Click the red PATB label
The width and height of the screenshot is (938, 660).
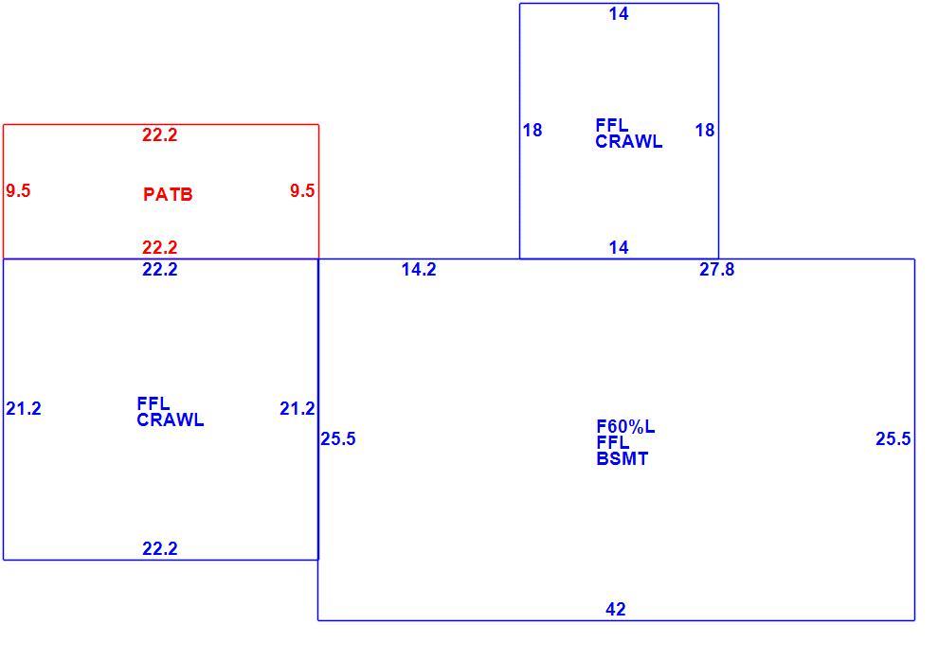click(168, 194)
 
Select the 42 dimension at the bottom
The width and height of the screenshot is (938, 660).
click(616, 609)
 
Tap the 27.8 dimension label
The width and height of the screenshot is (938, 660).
click(716, 270)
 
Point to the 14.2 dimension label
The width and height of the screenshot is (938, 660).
click(419, 270)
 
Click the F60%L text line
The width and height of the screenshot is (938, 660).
click(625, 426)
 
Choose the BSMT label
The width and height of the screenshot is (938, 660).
click(622, 458)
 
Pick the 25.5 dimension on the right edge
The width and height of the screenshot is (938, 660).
click(893, 438)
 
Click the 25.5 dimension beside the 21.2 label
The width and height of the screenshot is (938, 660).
click(338, 438)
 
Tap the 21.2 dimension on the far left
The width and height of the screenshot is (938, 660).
click(24, 408)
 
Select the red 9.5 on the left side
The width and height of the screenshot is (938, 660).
click(18, 190)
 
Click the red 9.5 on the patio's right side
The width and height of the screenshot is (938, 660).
click(302, 190)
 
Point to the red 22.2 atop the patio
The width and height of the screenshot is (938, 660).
click(160, 135)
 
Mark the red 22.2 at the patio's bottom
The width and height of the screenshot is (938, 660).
click(160, 247)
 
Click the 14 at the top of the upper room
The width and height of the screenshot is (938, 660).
click(619, 14)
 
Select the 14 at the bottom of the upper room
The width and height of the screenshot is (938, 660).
click(619, 247)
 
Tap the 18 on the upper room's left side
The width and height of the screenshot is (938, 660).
click(532, 130)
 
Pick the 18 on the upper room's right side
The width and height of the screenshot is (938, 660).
click(705, 130)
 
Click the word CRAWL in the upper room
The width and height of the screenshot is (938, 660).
click(629, 142)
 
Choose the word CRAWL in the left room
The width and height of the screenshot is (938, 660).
click(171, 419)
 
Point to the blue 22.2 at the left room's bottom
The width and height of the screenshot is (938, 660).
click(160, 548)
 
